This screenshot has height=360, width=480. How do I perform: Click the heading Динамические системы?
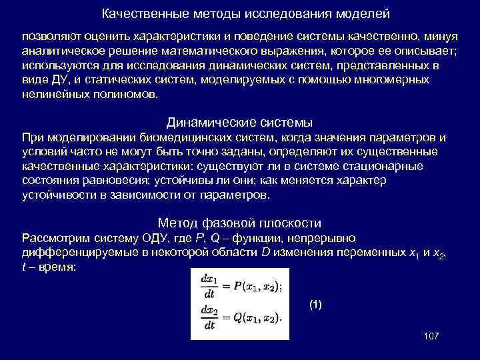239,123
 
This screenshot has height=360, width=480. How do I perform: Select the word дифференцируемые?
82,253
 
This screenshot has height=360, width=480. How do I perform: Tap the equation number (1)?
315,305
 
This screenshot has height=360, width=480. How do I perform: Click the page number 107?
431,335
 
